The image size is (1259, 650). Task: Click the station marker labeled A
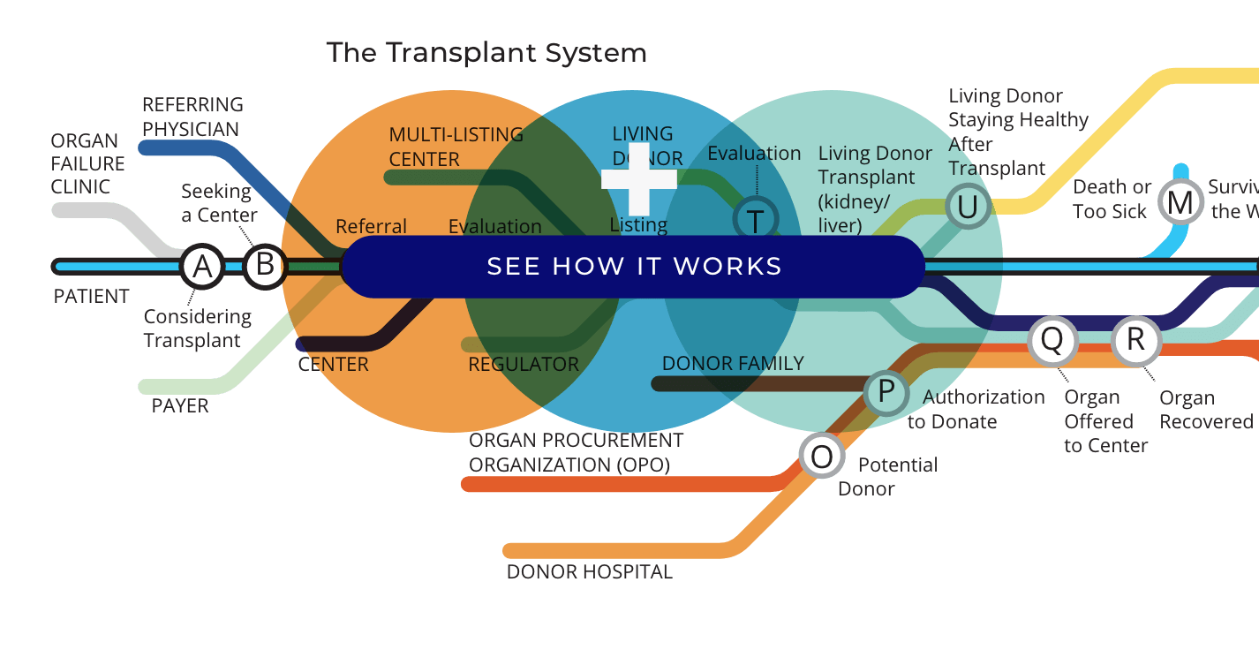[202, 266]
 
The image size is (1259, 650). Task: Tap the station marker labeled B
[264, 266]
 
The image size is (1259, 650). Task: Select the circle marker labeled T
[756, 221]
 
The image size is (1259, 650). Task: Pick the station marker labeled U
[968, 207]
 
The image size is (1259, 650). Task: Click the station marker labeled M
[1180, 202]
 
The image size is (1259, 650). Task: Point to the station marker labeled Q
[1052, 340]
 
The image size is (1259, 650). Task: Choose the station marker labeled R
[1135, 340]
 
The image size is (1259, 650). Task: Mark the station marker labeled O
[821, 457]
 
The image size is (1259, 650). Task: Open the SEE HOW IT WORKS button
[634, 267]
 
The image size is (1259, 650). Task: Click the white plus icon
[638, 179]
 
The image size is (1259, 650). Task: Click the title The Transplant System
[486, 53]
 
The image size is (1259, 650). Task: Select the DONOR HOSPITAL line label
[589, 572]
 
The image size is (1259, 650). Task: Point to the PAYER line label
[180, 406]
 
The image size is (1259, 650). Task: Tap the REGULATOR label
[524, 364]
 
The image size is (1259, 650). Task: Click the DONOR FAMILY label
[733, 363]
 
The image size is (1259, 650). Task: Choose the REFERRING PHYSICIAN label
[192, 117]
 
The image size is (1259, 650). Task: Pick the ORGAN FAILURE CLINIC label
[87, 164]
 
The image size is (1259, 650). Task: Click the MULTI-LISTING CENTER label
[456, 147]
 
